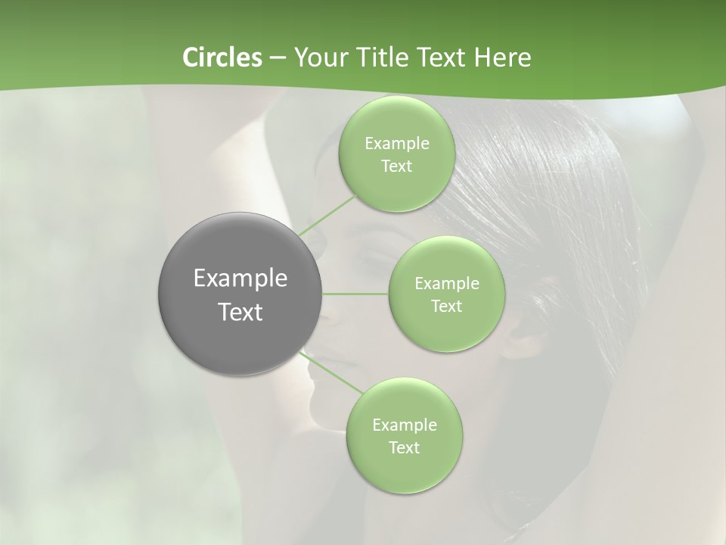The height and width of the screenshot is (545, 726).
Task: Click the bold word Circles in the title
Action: [x=222, y=58]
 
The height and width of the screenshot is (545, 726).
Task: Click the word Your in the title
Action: [x=318, y=58]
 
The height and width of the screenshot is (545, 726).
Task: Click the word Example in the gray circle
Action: [x=240, y=279]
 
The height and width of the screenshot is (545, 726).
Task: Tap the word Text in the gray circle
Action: [x=240, y=312]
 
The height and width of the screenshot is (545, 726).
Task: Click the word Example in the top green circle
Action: [x=396, y=144]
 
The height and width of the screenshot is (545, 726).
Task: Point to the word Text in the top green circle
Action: [x=396, y=167]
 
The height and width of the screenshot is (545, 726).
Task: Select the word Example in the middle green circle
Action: [x=446, y=284]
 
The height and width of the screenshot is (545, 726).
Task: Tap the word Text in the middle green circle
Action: [x=446, y=307]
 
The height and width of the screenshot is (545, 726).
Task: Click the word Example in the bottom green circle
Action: [x=404, y=425]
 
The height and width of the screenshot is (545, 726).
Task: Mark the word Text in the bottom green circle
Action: [x=404, y=448]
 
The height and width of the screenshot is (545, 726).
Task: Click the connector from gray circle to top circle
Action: [x=327, y=215]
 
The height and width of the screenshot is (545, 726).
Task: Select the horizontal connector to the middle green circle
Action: [x=355, y=294]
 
